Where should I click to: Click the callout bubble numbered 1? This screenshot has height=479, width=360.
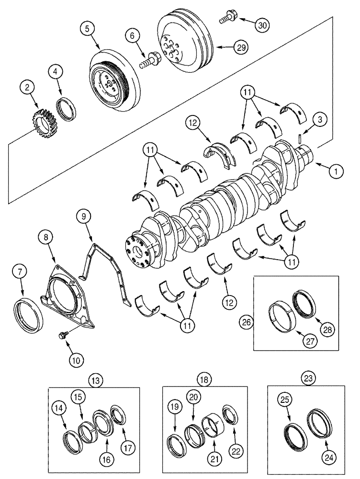[336, 170]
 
